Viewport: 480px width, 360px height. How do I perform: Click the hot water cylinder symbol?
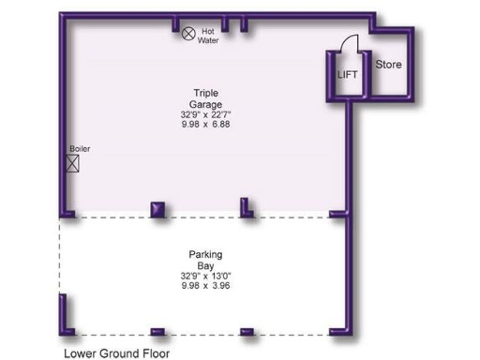pyautogui.click(x=188, y=33)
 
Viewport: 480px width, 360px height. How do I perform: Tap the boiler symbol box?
pyautogui.click(x=72, y=163)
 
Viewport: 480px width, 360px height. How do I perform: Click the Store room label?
pyautogui.click(x=389, y=65)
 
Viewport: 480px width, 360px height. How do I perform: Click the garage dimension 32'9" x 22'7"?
pyautogui.click(x=206, y=114)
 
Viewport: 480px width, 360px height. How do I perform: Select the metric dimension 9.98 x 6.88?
pyautogui.click(x=206, y=124)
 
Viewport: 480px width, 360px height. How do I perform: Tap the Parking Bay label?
pyautogui.click(x=205, y=260)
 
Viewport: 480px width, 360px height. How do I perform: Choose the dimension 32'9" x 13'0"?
pyautogui.click(x=205, y=276)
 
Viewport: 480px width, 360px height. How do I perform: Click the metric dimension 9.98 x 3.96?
pyautogui.click(x=205, y=286)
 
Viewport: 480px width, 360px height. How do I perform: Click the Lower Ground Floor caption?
pyautogui.click(x=117, y=353)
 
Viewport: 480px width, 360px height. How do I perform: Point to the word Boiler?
pyautogui.click(x=80, y=148)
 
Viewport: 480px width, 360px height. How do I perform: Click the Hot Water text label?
pyautogui.click(x=208, y=36)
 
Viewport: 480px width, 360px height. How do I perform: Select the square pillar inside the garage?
pyautogui.click(x=157, y=209)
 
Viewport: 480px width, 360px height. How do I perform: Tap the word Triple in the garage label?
pyautogui.click(x=206, y=93)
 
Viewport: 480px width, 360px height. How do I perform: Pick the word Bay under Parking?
pyautogui.click(x=205, y=265)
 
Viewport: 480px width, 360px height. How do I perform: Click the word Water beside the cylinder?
pyautogui.click(x=208, y=40)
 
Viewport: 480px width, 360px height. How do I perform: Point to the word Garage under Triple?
pyautogui.click(x=206, y=104)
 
